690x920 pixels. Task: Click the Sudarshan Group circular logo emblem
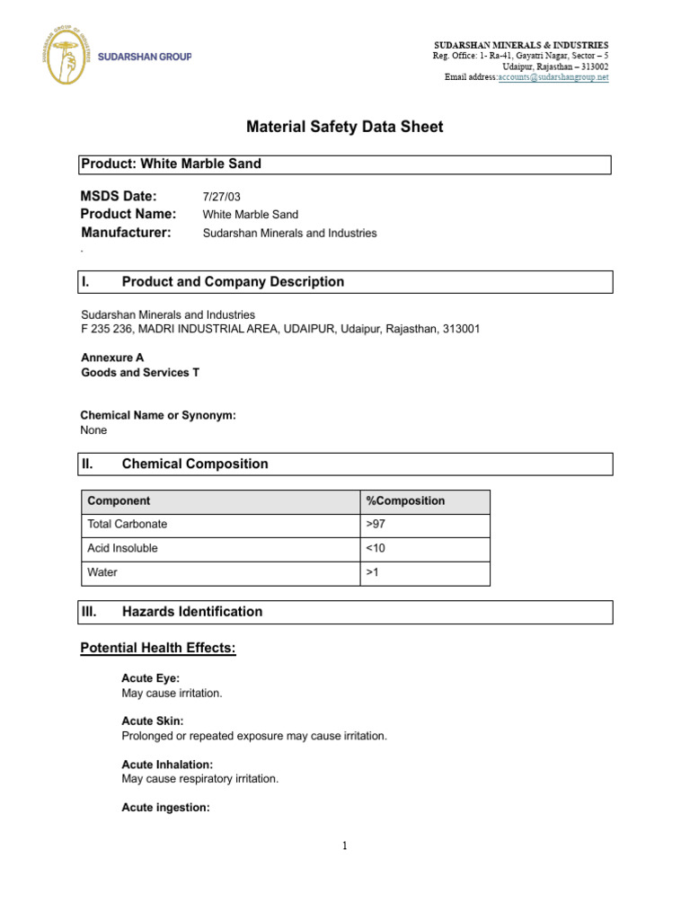tap(66, 56)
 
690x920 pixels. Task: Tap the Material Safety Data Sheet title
tap(345, 128)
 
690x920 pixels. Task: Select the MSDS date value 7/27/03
tap(222, 197)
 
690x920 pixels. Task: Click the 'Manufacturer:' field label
tap(126, 233)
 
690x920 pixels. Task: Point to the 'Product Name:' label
tap(128, 214)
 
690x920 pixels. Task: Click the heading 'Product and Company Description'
tap(233, 282)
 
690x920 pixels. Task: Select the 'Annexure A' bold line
tap(112, 358)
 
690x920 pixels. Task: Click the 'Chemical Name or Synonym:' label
tap(158, 415)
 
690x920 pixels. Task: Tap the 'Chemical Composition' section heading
tap(195, 464)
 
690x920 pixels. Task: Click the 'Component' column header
tap(119, 501)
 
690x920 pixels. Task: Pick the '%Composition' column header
tap(405, 501)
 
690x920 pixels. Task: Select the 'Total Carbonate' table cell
tap(127, 524)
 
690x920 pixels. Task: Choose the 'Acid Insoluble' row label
tap(123, 548)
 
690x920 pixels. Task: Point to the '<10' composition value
tap(376, 548)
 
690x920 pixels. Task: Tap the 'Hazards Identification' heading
tap(192, 612)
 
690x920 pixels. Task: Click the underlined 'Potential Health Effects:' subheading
tap(158, 648)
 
